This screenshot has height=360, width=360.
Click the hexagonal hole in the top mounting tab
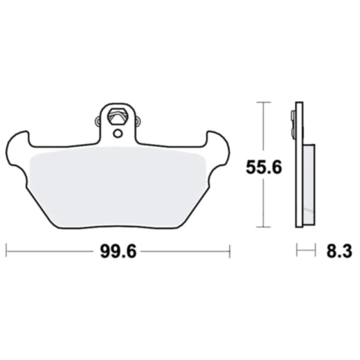(118, 114)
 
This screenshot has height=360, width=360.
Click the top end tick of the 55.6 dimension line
(261, 102)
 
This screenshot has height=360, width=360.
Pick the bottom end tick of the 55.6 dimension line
(261, 226)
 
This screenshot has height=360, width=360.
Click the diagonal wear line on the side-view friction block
(309, 208)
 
